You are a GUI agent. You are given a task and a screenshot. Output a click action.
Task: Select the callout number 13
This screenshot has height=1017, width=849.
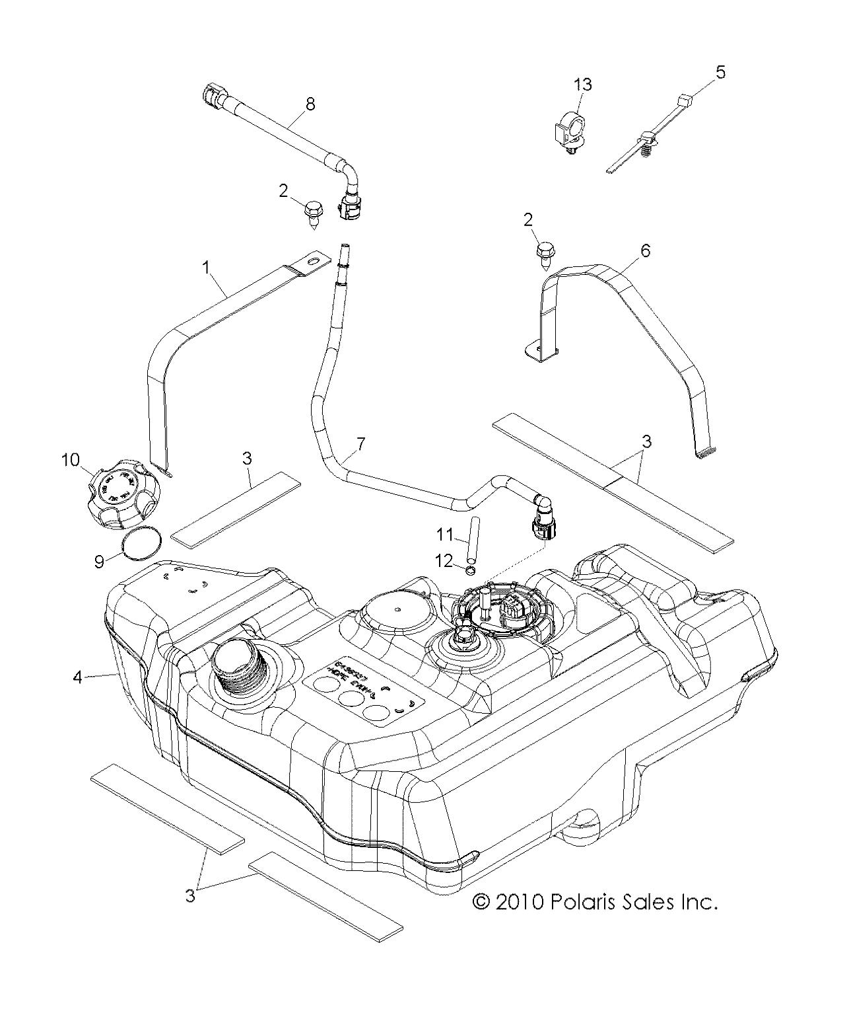click(582, 85)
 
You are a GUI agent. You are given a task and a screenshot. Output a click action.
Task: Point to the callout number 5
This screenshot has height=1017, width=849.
click(720, 71)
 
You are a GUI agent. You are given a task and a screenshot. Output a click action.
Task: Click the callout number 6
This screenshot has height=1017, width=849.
click(645, 250)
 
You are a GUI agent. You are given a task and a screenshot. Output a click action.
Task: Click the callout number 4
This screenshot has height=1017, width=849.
click(78, 677)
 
